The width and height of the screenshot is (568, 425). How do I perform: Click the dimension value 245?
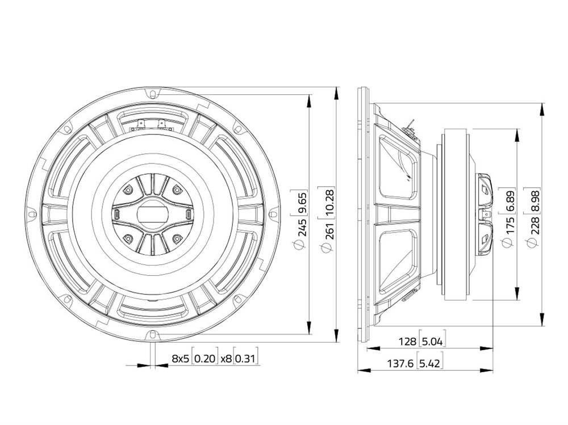(303, 227)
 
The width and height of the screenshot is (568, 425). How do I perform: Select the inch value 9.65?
(303, 203)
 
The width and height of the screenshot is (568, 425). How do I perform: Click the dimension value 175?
(509, 225)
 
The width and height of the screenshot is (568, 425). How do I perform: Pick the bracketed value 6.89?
(509, 201)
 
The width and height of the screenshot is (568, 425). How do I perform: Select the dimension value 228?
(536, 225)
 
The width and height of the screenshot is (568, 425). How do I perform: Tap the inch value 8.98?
(536, 201)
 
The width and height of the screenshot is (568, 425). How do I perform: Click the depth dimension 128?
(407, 342)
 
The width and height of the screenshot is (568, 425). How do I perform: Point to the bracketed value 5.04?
(432, 342)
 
